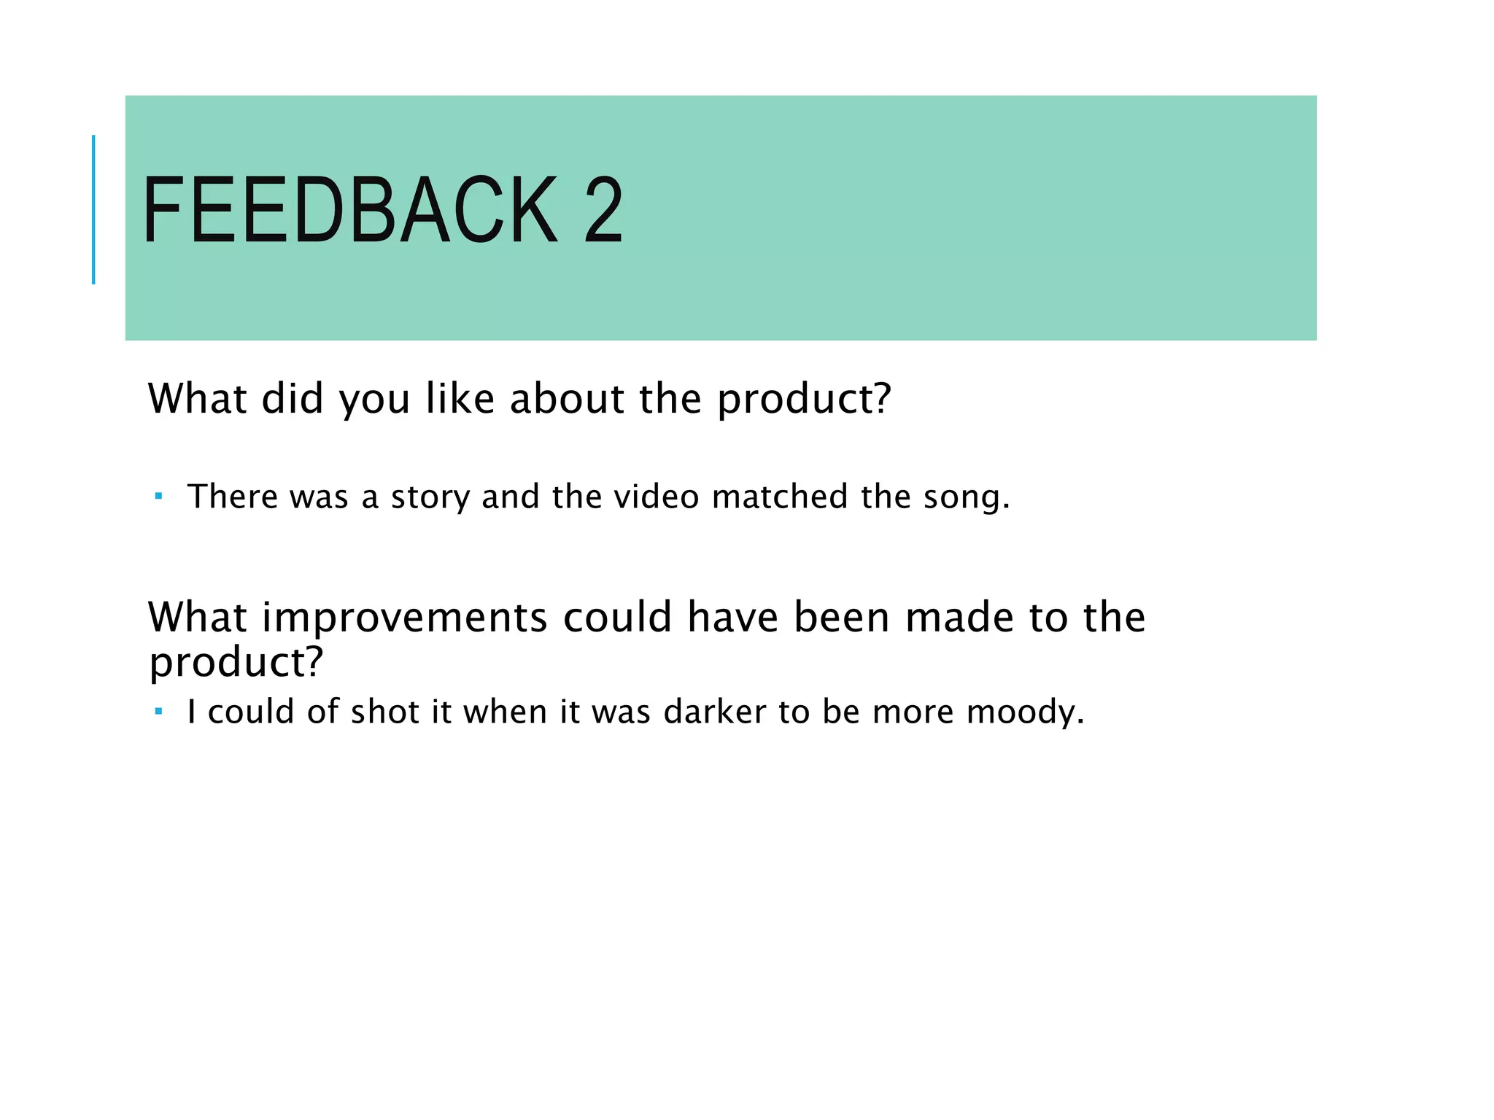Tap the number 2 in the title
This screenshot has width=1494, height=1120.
click(x=603, y=211)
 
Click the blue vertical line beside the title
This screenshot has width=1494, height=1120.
click(x=93, y=209)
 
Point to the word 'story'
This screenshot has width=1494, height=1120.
click(x=430, y=498)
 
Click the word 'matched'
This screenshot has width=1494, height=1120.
click(x=779, y=497)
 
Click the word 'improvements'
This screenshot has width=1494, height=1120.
click(x=404, y=618)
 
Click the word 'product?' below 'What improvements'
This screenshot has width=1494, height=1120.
click(x=236, y=663)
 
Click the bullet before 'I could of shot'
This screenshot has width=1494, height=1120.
click(x=158, y=712)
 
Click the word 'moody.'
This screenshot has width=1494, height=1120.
click(x=1025, y=713)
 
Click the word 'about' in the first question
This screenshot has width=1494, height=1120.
click(x=567, y=399)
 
